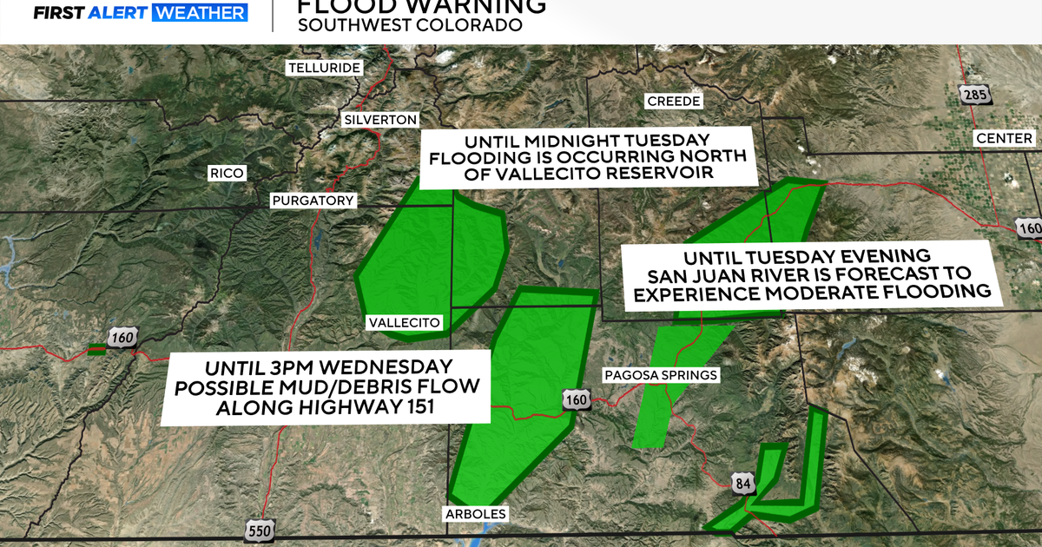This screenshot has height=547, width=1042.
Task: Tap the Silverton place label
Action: pos(380,119)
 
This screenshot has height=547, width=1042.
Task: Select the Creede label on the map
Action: pos(673,102)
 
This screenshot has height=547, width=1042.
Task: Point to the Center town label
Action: pos(1004,138)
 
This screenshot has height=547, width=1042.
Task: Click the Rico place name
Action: pos(227,173)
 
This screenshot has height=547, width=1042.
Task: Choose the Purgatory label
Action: pos(313,201)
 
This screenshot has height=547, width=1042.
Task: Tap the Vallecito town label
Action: pos(406,323)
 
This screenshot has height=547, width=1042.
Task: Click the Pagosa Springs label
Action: pos(661,375)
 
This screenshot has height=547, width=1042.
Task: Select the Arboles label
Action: pos(475,514)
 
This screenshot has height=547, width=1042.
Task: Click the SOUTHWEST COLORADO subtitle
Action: pos(410,25)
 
